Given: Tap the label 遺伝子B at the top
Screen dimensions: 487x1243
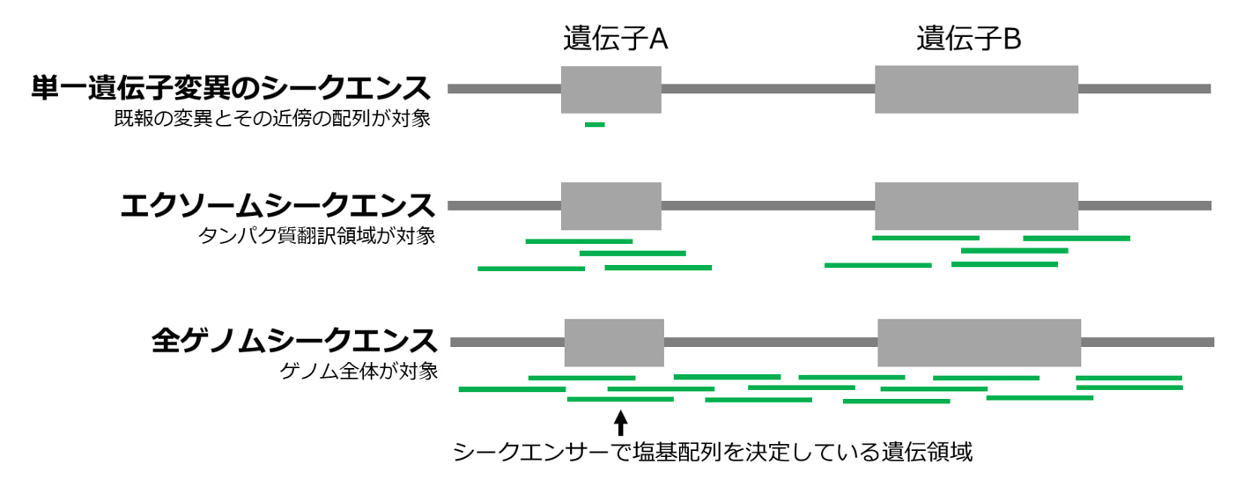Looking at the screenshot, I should click(x=968, y=39).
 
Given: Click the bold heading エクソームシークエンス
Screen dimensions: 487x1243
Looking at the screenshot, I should click(x=277, y=206).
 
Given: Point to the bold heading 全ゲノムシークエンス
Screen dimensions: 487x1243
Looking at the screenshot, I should click(x=294, y=341).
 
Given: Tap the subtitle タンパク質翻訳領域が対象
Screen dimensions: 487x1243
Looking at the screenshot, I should click(x=317, y=236).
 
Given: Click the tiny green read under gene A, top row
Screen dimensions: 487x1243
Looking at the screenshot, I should click(x=595, y=124).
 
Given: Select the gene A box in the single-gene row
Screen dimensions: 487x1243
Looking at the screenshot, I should click(x=610, y=89).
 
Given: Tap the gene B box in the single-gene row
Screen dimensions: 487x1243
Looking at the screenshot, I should click(x=976, y=89).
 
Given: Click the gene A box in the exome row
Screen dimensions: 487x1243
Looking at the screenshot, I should click(x=610, y=206).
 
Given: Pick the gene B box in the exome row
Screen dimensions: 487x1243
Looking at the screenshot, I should click(x=976, y=206).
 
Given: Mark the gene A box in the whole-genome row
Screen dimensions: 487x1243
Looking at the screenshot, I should click(x=614, y=342).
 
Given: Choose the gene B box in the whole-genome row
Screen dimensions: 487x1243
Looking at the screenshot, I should click(x=980, y=342).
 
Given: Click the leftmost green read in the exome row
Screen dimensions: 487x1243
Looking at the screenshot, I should click(x=530, y=269).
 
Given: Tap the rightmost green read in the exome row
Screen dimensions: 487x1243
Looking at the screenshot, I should click(x=1077, y=238).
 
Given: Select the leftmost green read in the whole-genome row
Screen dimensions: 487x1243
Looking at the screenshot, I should click(x=512, y=388).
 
